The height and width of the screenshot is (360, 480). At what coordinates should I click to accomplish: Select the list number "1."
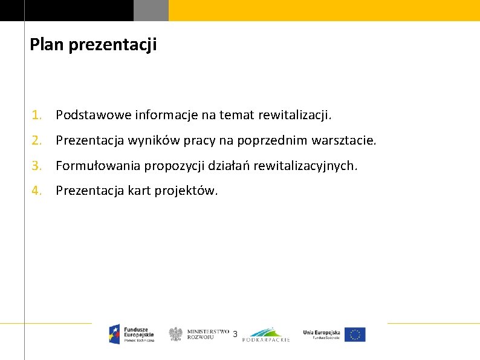[x=37, y=114]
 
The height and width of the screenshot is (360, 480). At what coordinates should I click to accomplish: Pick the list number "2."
[x=37, y=141]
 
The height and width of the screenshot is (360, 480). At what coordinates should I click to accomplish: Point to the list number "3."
[x=37, y=165]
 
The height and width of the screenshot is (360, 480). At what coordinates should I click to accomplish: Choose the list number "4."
[x=37, y=191]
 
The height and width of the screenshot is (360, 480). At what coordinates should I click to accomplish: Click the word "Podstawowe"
[x=94, y=114]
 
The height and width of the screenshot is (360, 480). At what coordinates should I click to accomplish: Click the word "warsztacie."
[x=344, y=141]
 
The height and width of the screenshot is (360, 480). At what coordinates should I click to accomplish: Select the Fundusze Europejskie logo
[x=132, y=333]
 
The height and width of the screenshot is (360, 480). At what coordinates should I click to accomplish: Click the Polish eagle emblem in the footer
[x=176, y=334]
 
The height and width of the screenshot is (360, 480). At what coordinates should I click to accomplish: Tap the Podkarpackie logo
[x=266, y=335]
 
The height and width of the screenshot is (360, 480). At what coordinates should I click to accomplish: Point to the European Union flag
[x=355, y=335]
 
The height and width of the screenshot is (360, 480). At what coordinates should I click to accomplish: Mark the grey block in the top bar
[x=151, y=10]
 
